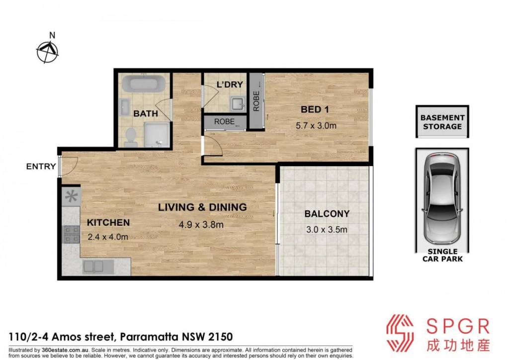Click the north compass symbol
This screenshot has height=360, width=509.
click(x=47, y=52)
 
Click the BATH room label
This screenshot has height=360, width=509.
click(x=146, y=113)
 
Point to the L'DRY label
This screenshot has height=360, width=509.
click(x=230, y=85)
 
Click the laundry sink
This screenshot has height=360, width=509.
click(x=238, y=103)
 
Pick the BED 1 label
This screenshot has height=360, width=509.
click(x=315, y=109)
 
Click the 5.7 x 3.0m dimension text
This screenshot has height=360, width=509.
click(x=316, y=126)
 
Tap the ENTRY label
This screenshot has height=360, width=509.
click(x=41, y=167)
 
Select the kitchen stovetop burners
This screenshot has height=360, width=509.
click(x=72, y=234)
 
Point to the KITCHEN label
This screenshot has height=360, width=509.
click(x=108, y=223)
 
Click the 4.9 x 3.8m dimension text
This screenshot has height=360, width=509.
click(x=201, y=224)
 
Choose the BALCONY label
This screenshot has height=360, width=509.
click(x=327, y=214)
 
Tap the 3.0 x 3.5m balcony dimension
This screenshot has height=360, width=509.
click(x=327, y=230)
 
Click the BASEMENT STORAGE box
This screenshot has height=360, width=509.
click(x=442, y=121)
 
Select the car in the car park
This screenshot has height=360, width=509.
click(x=442, y=199)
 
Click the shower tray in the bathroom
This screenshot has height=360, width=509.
click(x=157, y=135)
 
